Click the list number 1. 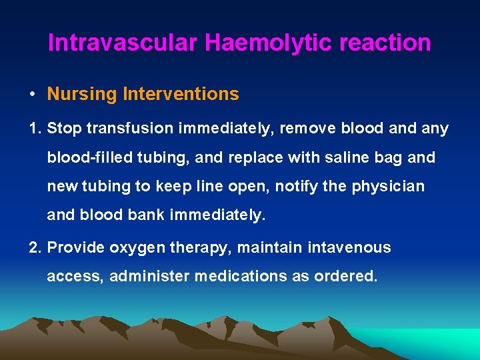tap(35, 129)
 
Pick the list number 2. tap(35, 248)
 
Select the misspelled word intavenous tap(349, 248)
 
